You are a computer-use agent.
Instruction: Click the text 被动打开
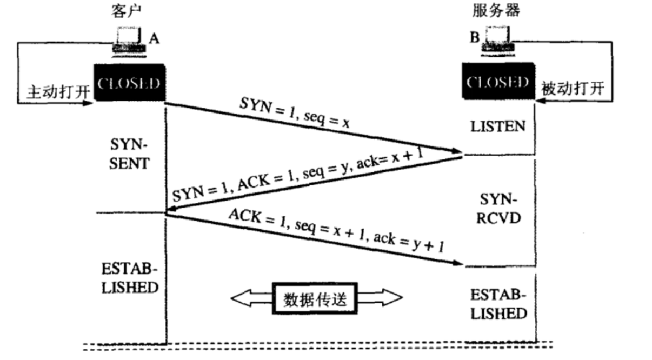(x=573, y=88)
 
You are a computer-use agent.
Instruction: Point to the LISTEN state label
(x=497, y=126)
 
